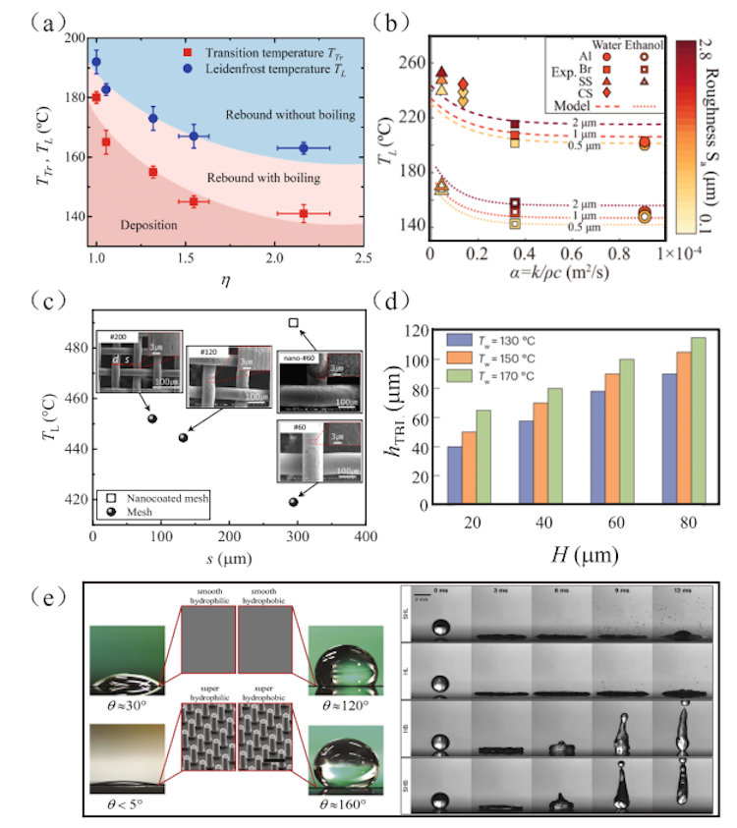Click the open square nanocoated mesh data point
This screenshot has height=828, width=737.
tap(293, 322)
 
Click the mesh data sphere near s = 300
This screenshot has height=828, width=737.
tap(293, 502)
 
